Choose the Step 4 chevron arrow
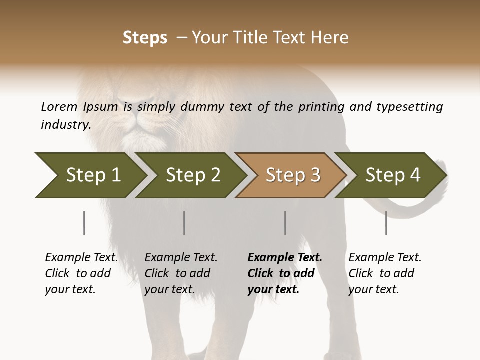pyautogui.click(x=392, y=175)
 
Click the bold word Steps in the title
pyautogui.click(x=145, y=38)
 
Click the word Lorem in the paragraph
pyautogui.click(x=59, y=106)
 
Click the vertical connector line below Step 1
pyautogui.click(x=84, y=223)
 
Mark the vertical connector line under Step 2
pyautogui.click(x=184, y=223)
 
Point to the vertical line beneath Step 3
pyautogui.click(x=285, y=223)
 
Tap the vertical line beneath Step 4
pyautogui.click(x=386, y=223)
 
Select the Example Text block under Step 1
pyautogui.click(x=81, y=273)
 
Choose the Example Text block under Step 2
pyautogui.click(x=181, y=273)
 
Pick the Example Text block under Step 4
pyautogui.click(x=385, y=273)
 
